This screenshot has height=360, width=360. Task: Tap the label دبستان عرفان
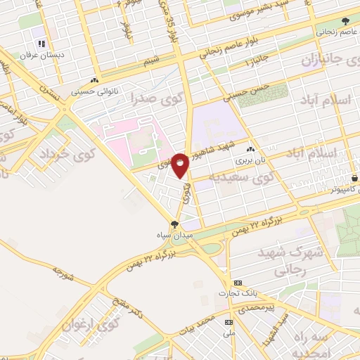pyautogui.click(x=41, y=54)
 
